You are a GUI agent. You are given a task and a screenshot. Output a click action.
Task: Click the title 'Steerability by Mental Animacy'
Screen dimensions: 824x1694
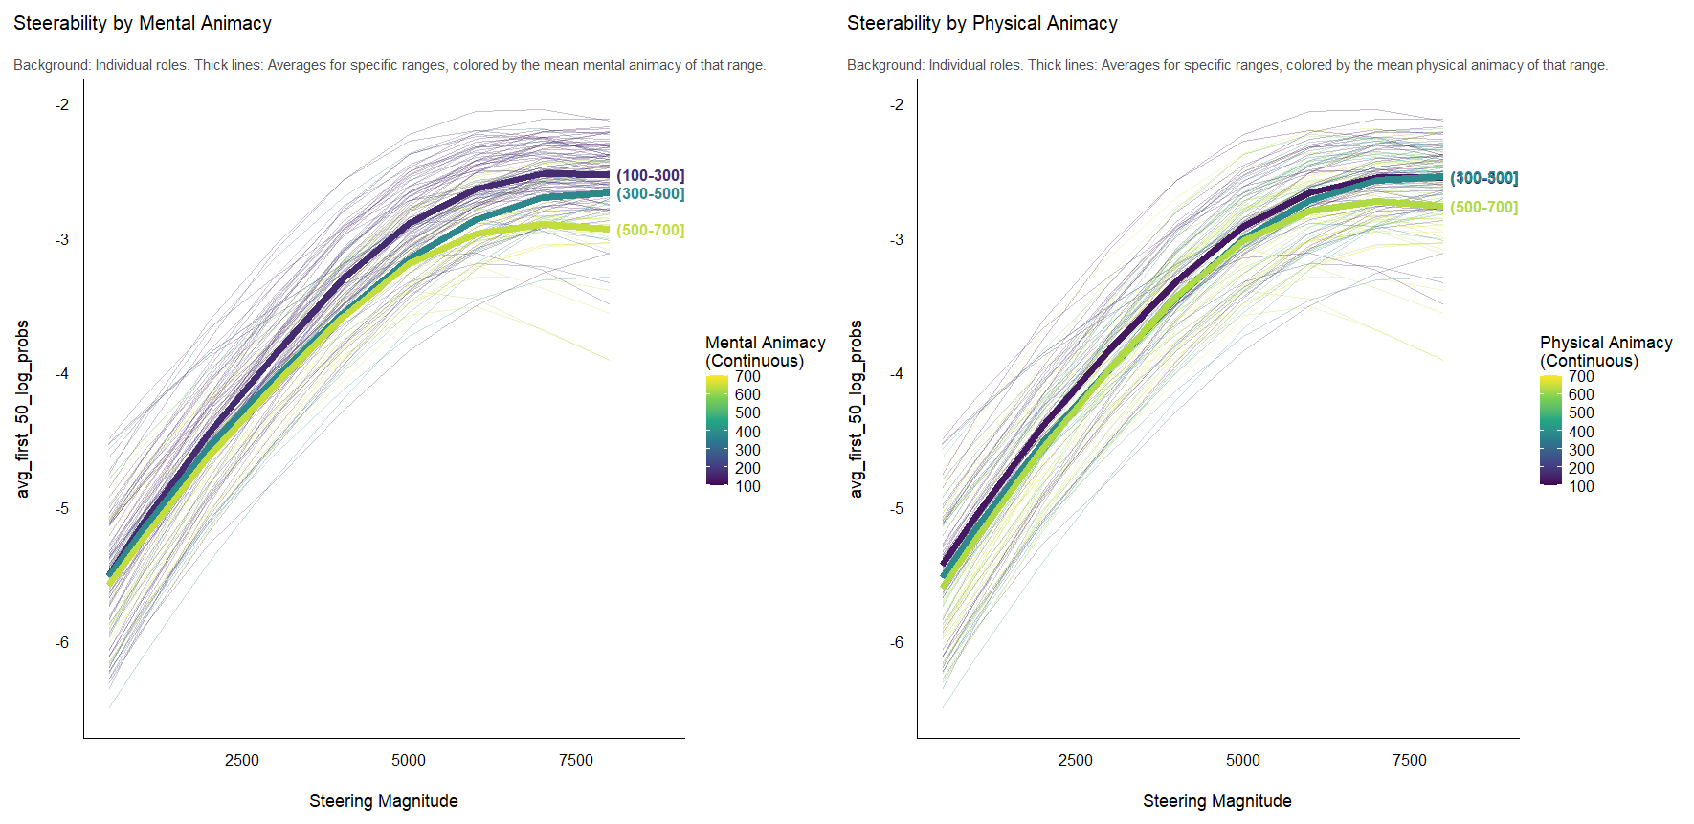click(x=143, y=23)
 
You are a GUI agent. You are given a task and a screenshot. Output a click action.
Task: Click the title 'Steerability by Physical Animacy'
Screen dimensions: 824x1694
click(x=982, y=23)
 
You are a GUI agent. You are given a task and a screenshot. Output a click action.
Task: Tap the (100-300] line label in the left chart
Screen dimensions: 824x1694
click(x=650, y=175)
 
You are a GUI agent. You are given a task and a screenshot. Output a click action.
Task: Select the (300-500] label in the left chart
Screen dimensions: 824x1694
click(x=650, y=193)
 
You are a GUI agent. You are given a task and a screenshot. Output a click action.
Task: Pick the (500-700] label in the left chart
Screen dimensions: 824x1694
click(x=650, y=230)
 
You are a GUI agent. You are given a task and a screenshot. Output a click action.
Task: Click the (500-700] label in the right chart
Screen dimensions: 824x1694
click(x=1483, y=207)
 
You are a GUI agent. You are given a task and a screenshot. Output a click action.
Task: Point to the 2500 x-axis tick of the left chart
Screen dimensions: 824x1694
click(x=241, y=760)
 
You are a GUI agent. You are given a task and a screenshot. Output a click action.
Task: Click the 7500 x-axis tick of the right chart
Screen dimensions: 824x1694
click(x=1409, y=760)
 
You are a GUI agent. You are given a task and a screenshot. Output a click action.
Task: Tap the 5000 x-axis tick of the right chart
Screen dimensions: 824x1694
click(x=1242, y=760)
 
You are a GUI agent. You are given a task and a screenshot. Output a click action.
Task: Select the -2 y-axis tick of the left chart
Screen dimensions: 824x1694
click(x=62, y=104)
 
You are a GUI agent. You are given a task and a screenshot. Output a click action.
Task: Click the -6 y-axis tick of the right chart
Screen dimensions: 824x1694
click(x=896, y=642)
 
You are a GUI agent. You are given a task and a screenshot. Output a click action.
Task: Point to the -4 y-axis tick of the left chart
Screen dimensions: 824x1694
click(x=62, y=373)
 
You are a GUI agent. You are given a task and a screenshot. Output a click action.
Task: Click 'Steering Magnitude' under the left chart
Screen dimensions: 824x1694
click(x=383, y=801)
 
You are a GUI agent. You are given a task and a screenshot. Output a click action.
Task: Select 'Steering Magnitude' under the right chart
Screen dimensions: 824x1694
click(x=1216, y=801)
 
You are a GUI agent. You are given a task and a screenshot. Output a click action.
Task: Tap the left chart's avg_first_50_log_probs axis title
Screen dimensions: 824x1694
click(x=23, y=409)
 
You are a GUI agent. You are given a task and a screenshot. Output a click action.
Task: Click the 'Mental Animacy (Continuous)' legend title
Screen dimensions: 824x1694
click(x=765, y=351)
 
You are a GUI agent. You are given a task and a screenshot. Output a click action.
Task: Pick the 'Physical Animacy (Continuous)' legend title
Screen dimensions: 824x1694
click(x=1605, y=351)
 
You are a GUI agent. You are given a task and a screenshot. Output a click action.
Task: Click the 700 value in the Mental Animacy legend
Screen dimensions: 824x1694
click(x=747, y=376)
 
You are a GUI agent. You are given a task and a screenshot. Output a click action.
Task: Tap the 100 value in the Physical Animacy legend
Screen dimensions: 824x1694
click(x=1581, y=486)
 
